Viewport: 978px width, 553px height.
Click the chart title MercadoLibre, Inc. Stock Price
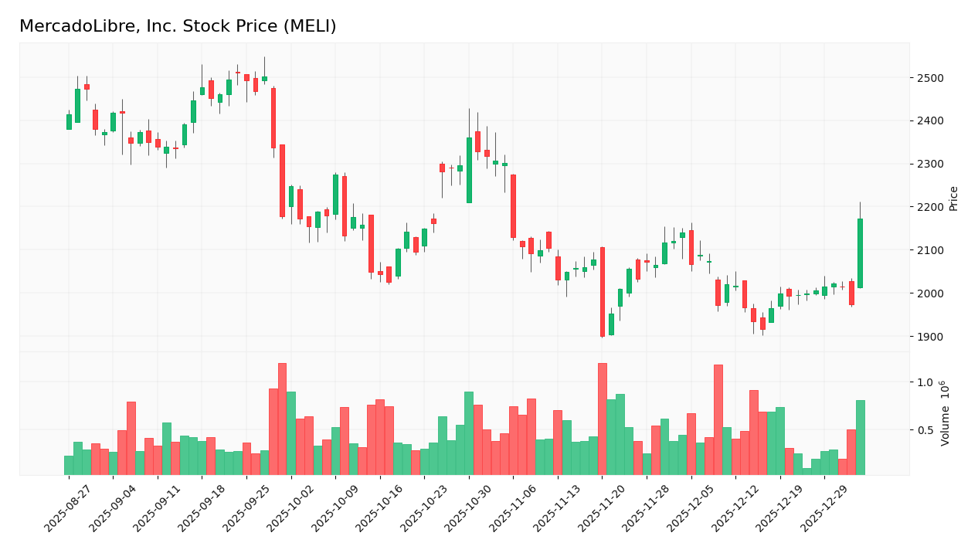pyautogui.click(x=178, y=27)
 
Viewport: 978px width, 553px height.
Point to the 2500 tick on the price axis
pyautogui.click(x=929, y=78)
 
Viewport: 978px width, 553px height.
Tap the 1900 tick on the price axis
pyautogui.click(x=929, y=337)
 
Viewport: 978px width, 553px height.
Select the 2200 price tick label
pyautogui.click(x=929, y=207)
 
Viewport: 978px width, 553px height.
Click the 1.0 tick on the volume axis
pyautogui.click(x=925, y=382)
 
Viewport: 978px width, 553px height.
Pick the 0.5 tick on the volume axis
pyautogui.click(x=925, y=430)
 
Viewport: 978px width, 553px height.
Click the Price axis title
pyautogui.click(x=953, y=198)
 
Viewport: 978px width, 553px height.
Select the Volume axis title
pyautogui.click(x=945, y=412)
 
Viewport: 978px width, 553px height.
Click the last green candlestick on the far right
pyautogui.click(x=860, y=253)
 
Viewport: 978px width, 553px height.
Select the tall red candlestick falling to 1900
pyautogui.click(x=603, y=292)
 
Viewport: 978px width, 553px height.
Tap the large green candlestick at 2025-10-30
pyautogui.click(x=469, y=170)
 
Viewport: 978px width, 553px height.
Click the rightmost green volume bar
pyautogui.click(x=860, y=437)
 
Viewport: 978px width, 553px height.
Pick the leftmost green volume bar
pyautogui.click(x=69, y=465)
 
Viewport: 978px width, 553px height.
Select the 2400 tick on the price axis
pyautogui.click(x=929, y=121)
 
